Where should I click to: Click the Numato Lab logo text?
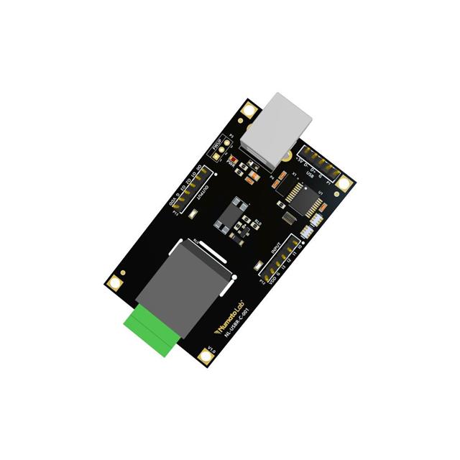coord(231,317)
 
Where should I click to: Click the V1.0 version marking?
coord(211,351)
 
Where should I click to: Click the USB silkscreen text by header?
coord(310,172)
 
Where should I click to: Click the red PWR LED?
coord(235,159)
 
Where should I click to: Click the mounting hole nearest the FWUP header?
coord(249,109)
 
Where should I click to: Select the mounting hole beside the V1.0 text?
coord(205,356)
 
